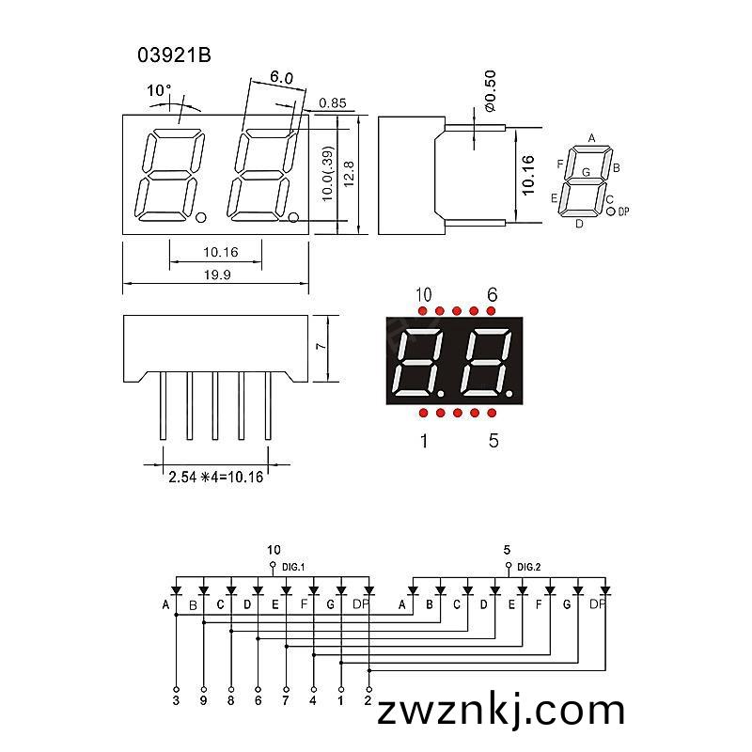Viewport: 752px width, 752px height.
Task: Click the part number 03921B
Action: click(174, 55)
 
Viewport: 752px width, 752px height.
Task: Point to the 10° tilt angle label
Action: click(159, 90)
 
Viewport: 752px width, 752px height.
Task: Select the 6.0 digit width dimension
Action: click(281, 77)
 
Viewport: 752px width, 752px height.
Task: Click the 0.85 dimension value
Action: click(333, 102)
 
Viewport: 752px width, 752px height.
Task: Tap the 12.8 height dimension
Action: click(349, 174)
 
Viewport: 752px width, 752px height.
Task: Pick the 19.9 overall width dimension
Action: click(217, 274)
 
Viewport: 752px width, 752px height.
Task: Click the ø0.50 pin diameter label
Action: click(490, 90)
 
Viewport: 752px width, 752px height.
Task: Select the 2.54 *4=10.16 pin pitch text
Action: click(216, 477)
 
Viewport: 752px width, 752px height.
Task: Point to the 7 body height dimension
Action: click(321, 346)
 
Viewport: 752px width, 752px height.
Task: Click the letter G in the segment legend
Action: click(586, 172)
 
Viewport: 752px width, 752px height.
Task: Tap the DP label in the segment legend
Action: click(623, 211)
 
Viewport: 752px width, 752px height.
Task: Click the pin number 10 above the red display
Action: click(424, 294)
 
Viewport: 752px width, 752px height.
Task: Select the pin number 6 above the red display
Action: click(492, 294)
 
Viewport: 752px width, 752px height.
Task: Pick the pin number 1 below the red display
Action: click(424, 440)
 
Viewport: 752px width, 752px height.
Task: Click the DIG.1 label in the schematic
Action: click(293, 567)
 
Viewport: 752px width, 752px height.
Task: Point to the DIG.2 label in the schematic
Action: click(529, 567)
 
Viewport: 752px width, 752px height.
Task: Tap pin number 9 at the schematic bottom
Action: click(203, 700)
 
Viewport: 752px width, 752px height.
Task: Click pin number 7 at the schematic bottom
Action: click(286, 700)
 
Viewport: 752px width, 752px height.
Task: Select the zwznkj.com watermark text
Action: click(501, 711)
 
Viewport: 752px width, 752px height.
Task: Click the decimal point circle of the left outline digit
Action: click(201, 218)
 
